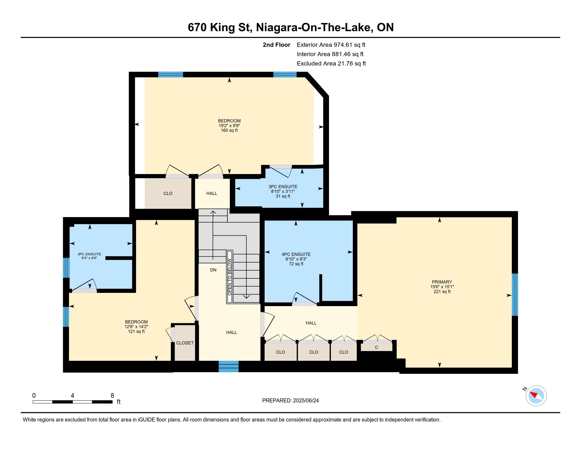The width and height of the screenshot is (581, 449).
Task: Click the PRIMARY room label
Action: point(442,282)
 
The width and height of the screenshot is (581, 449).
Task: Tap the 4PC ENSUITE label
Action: point(296,254)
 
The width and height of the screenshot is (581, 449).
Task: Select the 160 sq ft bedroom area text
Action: point(229,130)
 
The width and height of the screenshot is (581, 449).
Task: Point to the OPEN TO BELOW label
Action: point(229,277)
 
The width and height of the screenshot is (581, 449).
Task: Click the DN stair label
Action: point(213,270)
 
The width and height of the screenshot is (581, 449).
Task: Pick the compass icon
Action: point(536,396)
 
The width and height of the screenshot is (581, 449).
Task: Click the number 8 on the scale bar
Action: point(113,395)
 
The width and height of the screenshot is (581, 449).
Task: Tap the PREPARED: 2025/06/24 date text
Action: point(290,401)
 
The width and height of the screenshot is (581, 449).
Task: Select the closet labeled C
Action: point(376,347)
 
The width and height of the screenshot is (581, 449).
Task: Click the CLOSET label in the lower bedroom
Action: point(185,343)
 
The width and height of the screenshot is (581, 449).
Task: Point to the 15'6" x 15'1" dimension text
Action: point(442,287)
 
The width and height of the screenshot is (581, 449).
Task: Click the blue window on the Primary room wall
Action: point(515,294)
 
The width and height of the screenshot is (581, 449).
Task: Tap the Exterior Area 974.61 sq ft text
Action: point(331,45)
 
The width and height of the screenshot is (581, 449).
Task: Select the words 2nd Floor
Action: point(277,45)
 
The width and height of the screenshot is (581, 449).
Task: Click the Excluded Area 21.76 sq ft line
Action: point(331,64)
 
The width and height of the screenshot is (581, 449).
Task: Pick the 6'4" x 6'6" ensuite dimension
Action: point(89,258)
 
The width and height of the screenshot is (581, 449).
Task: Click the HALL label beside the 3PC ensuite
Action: point(212,193)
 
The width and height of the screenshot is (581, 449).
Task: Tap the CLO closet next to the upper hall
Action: point(168,193)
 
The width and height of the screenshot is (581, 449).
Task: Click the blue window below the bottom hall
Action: point(228,366)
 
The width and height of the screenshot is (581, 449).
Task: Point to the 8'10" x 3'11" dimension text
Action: point(283,191)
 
